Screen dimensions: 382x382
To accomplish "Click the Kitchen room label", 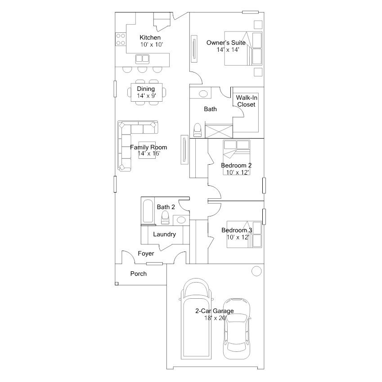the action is [x=150, y=37].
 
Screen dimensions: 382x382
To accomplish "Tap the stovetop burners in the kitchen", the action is [x=121, y=39].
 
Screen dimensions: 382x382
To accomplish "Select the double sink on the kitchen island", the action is [x=142, y=59].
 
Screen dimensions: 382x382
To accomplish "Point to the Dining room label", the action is [x=146, y=89].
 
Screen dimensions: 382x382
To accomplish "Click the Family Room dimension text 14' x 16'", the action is [x=149, y=153].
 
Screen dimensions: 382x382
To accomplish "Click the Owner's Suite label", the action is [x=226, y=43].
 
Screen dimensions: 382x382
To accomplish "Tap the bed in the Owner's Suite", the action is [x=243, y=48].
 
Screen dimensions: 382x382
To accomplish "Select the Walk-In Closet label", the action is [x=247, y=101].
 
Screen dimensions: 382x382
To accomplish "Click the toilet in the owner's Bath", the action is [x=197, y=130].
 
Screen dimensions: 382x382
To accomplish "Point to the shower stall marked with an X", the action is [x=219, y=131].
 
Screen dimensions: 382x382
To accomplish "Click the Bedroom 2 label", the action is [x=236, y=166].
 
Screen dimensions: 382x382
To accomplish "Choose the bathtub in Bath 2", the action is [x=148, y=211].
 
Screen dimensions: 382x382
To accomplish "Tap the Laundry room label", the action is [x=164, y=234].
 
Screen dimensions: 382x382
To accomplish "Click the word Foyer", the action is [x=146, y=254].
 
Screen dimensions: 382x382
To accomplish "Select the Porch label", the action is [x=139, y=274].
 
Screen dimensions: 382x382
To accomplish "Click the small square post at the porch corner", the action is [x=117, y=283].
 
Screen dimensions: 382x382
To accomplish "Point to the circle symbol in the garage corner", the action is [x=256, y=271].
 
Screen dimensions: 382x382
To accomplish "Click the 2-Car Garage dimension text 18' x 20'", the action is [x=216, y=318].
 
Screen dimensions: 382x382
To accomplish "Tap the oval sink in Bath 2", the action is [x=181, y=220].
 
